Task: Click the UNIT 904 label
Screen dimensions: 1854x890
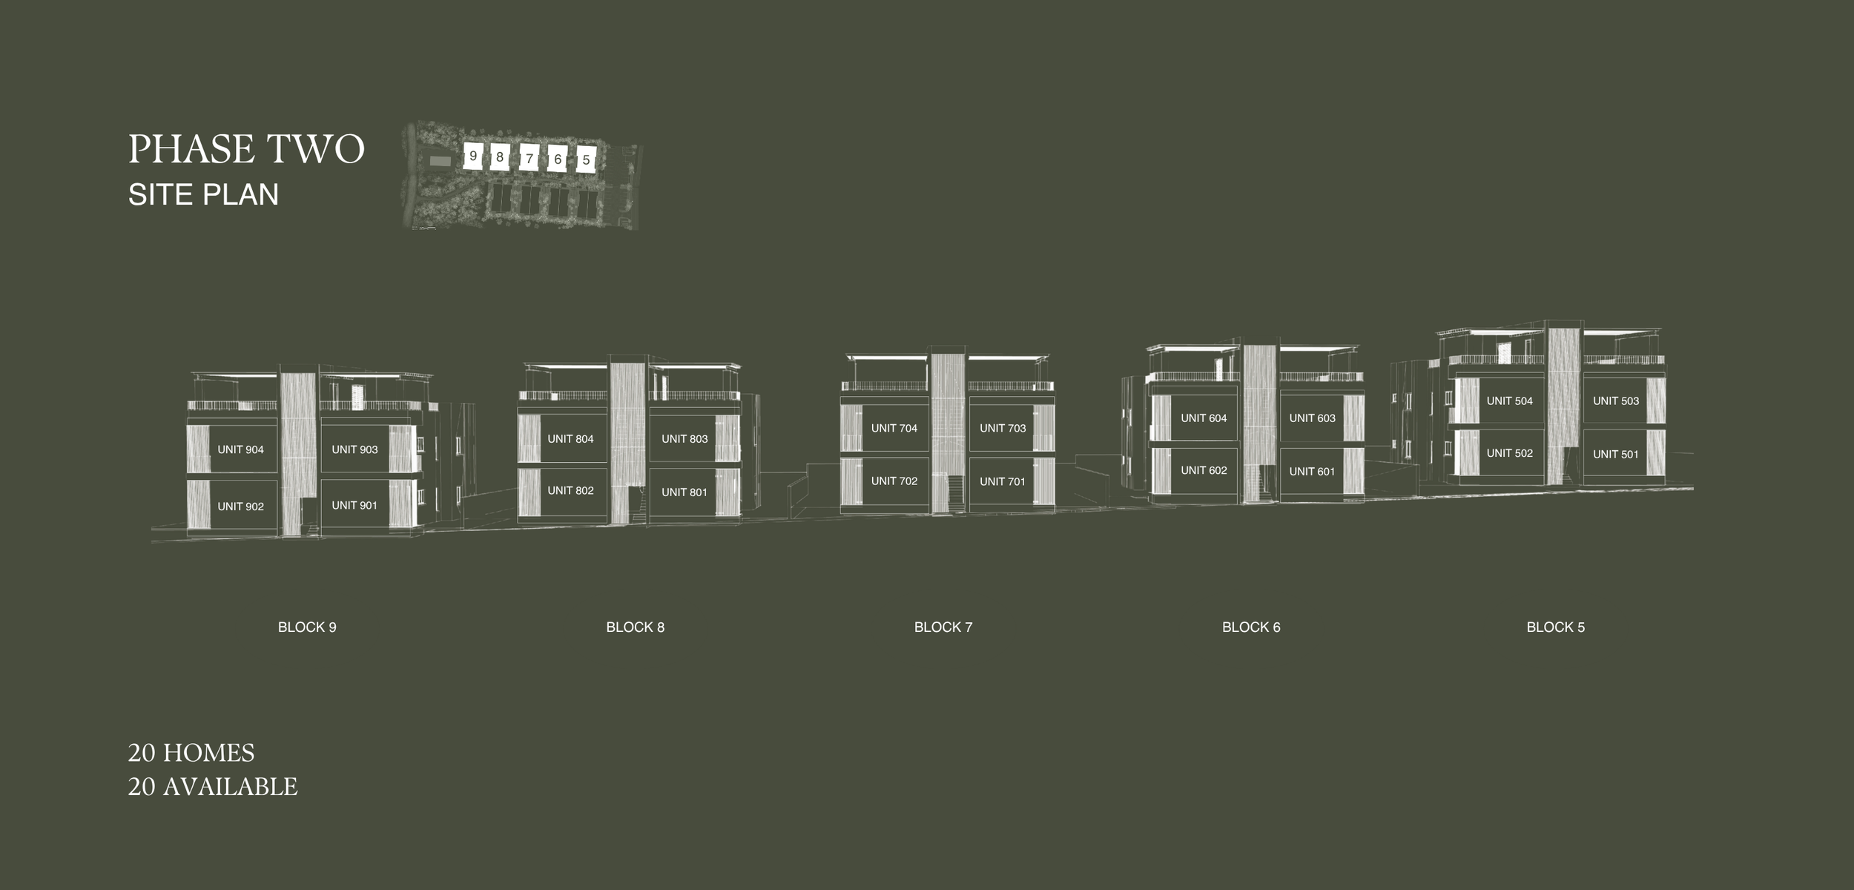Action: (240, 449)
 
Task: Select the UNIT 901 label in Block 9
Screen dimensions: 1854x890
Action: (354, 505)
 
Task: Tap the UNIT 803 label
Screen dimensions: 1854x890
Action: (684, 439)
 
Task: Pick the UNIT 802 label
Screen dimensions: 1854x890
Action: (570, 490)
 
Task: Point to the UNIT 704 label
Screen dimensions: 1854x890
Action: (894, 428)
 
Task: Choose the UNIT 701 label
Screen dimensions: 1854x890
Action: (1003, 481)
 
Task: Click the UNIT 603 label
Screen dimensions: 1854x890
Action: (1312, 418)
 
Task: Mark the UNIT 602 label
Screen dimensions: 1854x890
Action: (1204, 470)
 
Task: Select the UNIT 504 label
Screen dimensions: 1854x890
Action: (1509, 400)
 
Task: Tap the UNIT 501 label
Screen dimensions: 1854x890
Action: (1616, 454)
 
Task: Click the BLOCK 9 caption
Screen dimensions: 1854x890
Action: (307, 627)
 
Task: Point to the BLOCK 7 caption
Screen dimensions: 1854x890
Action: (943, 627)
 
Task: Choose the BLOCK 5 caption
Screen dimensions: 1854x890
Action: (1555, 627)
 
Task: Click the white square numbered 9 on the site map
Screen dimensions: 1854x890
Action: (473, 156)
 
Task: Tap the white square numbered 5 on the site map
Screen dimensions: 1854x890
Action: (586, 159)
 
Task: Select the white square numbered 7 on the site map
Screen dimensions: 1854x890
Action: (529, 158)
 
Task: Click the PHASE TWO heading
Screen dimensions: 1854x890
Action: (246, 149)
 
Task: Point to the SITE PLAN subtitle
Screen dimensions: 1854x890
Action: (203, 194)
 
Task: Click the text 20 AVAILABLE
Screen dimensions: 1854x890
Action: (213, 787)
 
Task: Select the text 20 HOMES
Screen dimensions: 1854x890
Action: (191, 753)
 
